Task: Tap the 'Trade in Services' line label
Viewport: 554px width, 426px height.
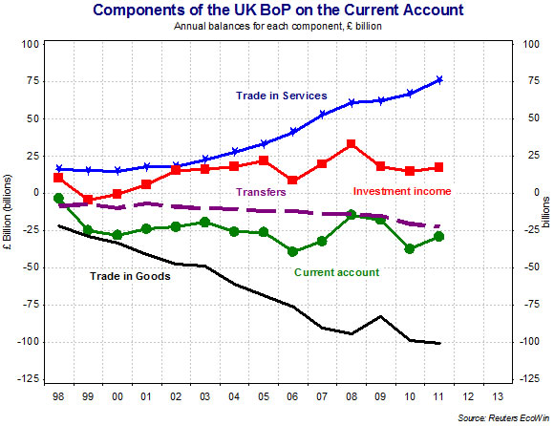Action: click(x=282, y=96)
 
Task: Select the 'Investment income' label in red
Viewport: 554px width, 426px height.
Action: click(x=402, y=191)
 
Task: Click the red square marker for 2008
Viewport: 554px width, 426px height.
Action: click(x=352, y=144)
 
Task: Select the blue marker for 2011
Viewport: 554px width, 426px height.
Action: click(x=438, y=79)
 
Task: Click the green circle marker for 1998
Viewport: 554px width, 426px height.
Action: click(x=59, y=198)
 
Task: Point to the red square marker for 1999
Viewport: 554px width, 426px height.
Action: click(x=88, y=200)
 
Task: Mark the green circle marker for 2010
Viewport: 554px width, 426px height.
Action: click(x=410, y=248)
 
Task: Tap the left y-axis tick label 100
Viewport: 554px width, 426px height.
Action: click(x=28, y=44)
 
